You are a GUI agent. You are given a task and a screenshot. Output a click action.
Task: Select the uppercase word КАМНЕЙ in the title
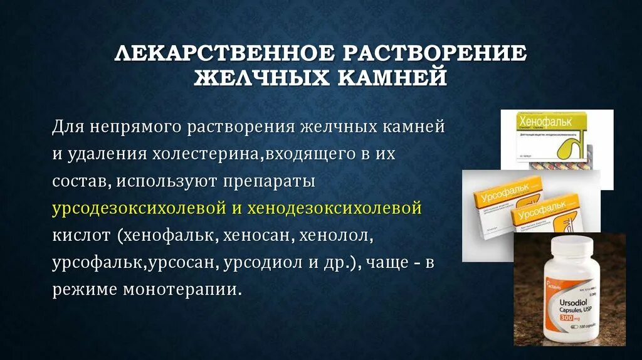pyautogui.click(x=386, y=78)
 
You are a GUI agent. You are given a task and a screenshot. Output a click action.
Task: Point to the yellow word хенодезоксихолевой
pyautogui.click(x=335, y=208)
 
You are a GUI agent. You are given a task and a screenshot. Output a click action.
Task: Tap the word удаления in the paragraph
pyautogui.click(x=104, y=154)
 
